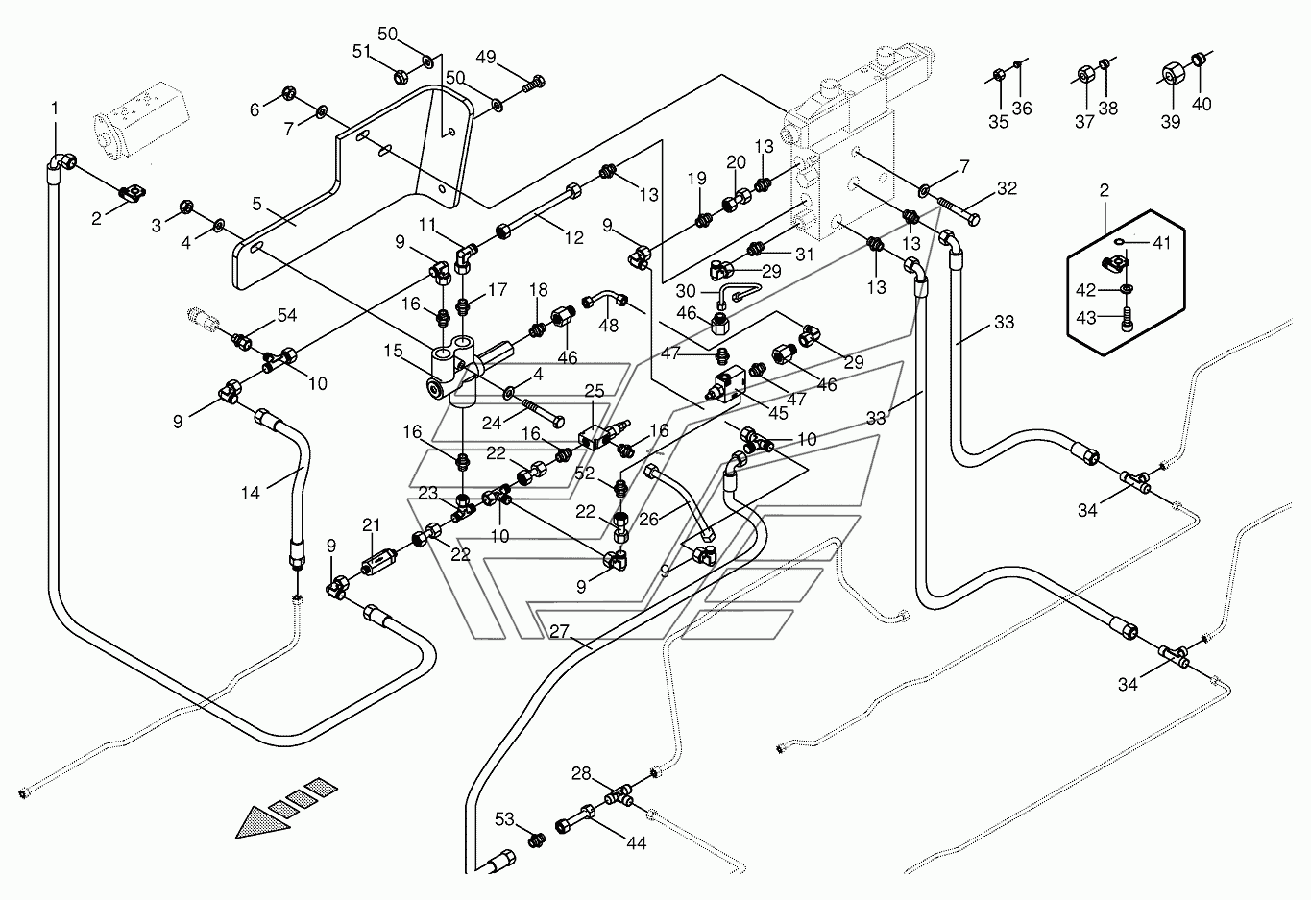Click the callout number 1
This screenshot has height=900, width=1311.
55,109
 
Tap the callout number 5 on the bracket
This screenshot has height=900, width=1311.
256,204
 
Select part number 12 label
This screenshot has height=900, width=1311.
574,237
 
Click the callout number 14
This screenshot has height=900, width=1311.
250,493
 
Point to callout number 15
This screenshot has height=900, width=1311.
393,351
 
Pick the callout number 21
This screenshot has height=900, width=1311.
371,524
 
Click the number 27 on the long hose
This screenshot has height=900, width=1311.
560,631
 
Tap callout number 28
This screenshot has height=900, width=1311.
581,773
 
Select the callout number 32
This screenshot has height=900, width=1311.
1007,188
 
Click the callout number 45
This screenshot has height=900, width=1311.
778,413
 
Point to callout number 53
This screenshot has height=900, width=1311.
504,819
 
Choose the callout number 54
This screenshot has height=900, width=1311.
287,315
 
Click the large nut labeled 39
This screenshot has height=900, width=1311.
1172,75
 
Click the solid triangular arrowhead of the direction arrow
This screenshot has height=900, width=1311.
262,822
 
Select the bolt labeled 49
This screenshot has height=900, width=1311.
534,84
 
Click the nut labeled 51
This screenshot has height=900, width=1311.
401,76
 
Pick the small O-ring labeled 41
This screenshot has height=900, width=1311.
1120,242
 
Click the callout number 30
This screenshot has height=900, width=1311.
686,291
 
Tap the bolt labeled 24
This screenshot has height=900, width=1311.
540,412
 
